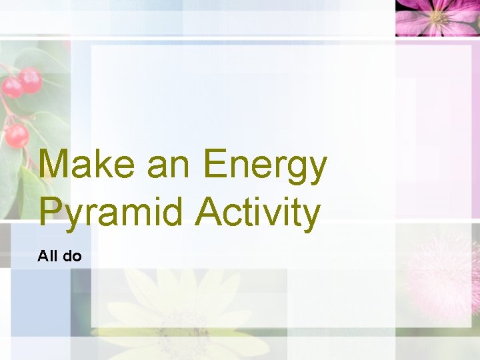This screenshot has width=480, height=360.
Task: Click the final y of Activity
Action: tap(311, 216)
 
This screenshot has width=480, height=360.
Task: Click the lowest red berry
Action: tap(17, 136)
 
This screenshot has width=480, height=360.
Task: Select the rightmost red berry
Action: tap(30, 80)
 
